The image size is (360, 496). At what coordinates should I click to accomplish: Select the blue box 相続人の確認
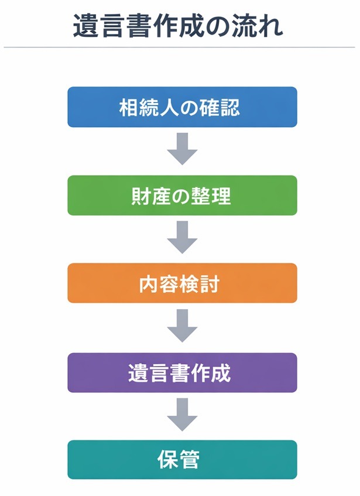(182, 107)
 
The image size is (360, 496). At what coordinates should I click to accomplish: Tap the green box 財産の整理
(182, 196)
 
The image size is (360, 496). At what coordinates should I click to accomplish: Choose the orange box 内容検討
(182, 283)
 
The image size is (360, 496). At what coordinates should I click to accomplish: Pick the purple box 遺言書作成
(182, 372)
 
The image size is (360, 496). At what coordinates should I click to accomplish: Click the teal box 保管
(182, 460)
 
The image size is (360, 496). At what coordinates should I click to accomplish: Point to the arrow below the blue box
(182, 149)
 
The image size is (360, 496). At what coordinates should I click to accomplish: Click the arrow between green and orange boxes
(182, 237)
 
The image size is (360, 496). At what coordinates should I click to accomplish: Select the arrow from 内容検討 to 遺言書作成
(182, 326)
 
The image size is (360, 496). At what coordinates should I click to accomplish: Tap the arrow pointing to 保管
(182, 414)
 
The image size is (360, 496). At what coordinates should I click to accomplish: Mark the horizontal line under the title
(179, 47)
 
